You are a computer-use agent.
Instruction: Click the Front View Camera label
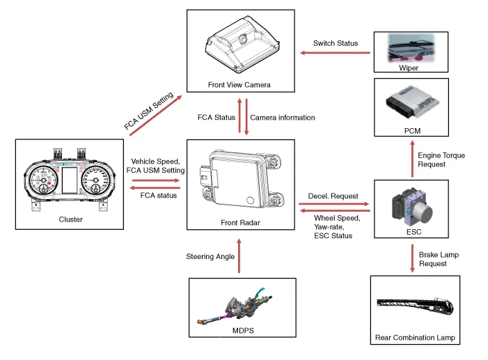(239, 85)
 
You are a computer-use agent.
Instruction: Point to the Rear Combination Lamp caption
(415, 338)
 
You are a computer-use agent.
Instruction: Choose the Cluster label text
(70, 219)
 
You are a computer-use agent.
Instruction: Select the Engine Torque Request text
(441, 159)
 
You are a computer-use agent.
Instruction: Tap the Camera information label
(282, 118)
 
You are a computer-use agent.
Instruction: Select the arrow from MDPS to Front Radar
(239, 257)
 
